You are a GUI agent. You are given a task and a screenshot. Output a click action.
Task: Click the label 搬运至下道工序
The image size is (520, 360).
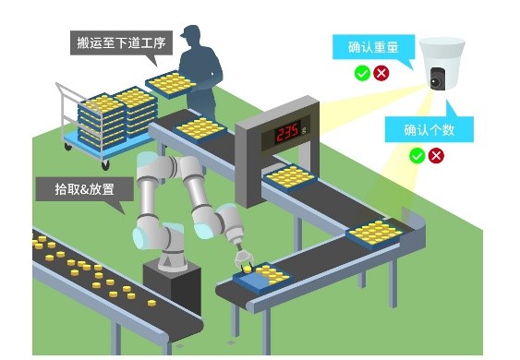tap(119, 42)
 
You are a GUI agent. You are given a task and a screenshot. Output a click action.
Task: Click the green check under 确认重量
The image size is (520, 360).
tap(362, 72)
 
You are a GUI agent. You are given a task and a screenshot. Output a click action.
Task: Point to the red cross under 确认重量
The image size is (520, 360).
tap(381, 72)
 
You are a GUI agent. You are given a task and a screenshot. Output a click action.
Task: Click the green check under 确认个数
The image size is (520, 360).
tap(417, 155)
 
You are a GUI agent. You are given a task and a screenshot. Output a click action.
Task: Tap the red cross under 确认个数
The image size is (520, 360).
tap(436, 155)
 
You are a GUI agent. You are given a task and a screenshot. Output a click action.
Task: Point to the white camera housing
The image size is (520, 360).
tap(441, 55)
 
